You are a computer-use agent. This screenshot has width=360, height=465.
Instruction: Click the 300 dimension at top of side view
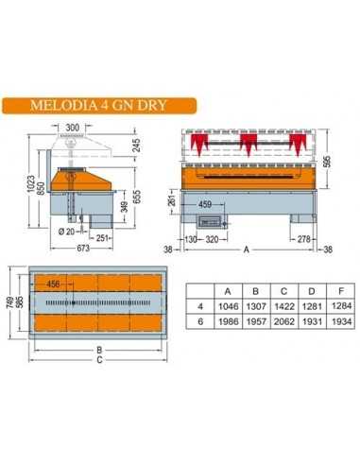tap(73, 126)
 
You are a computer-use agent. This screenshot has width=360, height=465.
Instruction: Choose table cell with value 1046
tap(227, 305)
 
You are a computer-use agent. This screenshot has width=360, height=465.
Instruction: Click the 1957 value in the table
tap(254, 320)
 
